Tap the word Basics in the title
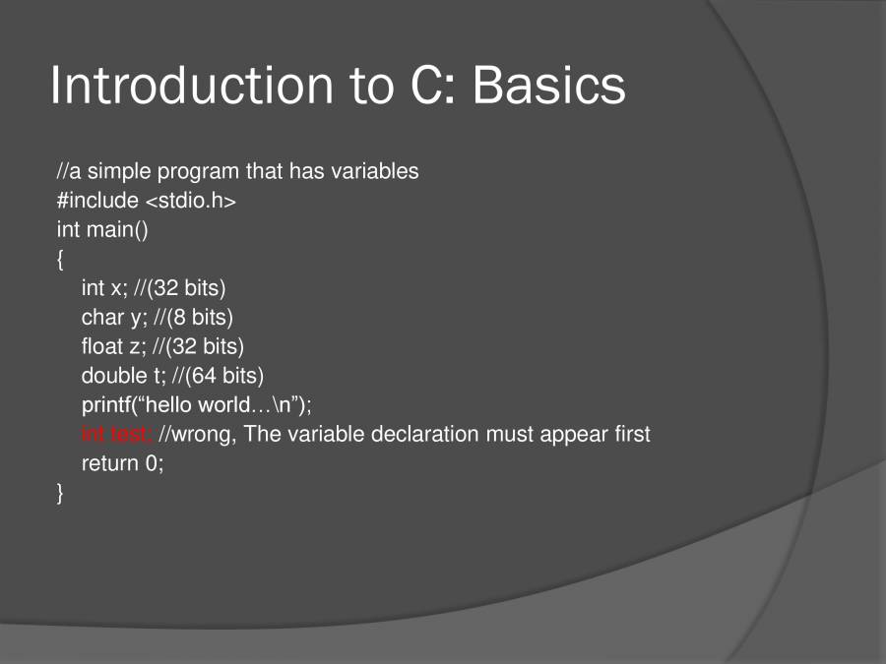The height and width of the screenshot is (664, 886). (x=548, y=86)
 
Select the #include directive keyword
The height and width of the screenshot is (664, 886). (x=97, y=201)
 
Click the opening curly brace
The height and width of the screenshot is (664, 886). (x=60, y=259)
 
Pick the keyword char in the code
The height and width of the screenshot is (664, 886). (x=101, y=317)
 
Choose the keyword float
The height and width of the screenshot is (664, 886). (x=102, y=346)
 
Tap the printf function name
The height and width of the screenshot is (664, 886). (x=108, y=404)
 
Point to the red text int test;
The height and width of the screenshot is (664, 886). (x=116, y=434)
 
